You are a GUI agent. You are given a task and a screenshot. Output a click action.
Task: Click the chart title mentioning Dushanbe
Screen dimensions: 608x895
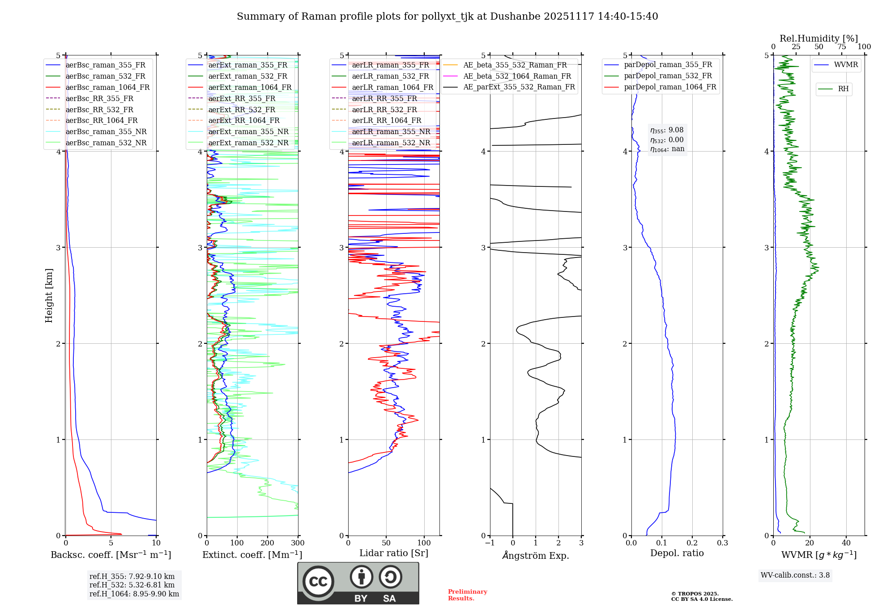tap(447, 17)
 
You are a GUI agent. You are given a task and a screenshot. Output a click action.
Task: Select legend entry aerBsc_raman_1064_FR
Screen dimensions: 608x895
tap(107, 87)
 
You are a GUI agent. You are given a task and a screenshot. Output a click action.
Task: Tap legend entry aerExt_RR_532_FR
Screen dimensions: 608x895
tap(242, 110)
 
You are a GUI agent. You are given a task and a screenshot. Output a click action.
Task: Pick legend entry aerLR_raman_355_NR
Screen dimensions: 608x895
tap(391, 131)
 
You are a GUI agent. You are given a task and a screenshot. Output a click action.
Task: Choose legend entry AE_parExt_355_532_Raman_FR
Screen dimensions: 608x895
tap(519, 87)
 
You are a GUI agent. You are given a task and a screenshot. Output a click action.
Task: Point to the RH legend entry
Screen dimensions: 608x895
tap(843, 89)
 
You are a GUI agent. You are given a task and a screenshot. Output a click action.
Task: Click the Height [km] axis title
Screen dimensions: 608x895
tap(49, 296)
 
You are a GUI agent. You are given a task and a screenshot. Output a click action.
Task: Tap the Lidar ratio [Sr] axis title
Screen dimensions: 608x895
tap(394, 553)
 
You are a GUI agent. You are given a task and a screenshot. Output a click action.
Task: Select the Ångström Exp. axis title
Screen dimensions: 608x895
tap(536, 555)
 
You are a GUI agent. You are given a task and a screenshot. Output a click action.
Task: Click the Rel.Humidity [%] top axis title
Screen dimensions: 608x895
tap(818, 38)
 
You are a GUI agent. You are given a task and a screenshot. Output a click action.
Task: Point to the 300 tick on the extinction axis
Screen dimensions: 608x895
tap(298, 543)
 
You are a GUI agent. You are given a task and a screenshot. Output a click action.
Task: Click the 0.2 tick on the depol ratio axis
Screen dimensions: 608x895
tap(692, 543)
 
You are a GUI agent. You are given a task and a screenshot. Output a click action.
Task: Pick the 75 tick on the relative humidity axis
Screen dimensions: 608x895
tap(841, 47)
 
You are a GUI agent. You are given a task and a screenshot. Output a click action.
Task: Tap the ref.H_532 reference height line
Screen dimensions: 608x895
tap(132, 585)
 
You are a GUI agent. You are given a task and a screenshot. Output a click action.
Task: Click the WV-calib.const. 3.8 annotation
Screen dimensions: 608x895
tap(795, 575)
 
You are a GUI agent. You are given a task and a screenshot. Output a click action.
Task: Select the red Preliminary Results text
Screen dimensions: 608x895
tap(467, 595)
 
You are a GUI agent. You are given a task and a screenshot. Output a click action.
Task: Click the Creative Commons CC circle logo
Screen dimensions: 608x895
tap(318, 582)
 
